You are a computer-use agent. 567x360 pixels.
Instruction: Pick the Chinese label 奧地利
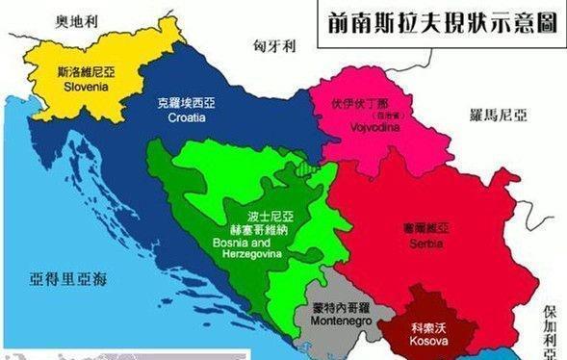click(x=77, y=19)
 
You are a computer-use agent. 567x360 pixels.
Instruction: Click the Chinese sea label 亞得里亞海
click(x=68, y=280)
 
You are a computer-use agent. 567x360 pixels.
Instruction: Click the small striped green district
click(x=305, y=167)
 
